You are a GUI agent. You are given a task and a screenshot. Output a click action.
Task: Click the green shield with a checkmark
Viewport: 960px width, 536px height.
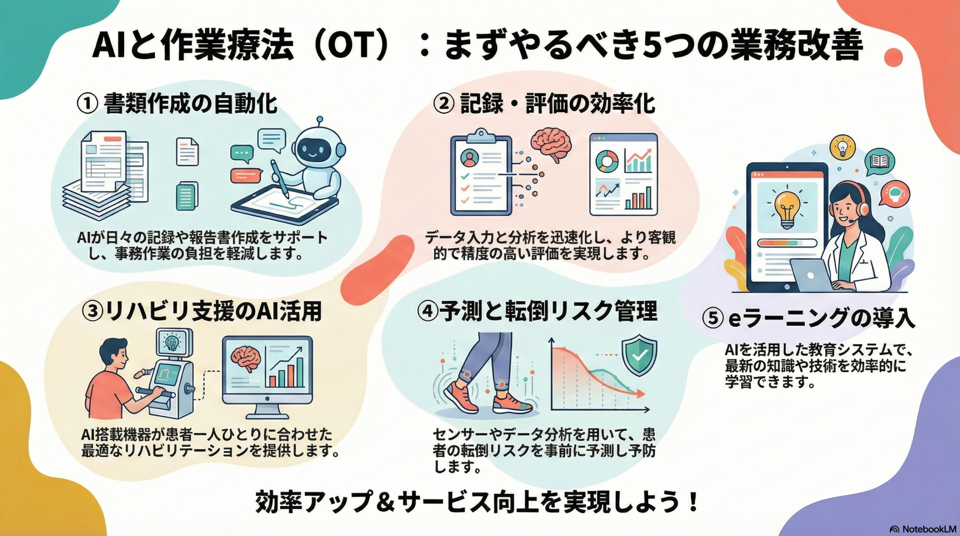point(639,354)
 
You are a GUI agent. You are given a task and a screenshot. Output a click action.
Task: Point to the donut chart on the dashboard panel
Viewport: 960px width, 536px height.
point(607,161)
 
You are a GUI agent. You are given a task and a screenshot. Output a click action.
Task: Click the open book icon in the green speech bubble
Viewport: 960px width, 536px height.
point(879,162)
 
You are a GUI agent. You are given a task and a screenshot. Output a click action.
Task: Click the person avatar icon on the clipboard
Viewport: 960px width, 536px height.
point(468,158)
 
